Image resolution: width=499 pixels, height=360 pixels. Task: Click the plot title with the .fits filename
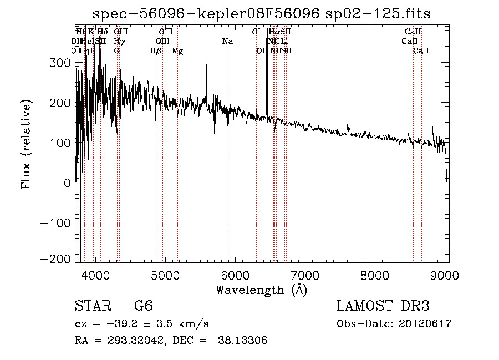261,13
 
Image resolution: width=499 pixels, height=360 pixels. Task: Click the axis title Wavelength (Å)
261,290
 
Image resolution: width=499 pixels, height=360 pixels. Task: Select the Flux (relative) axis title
26,143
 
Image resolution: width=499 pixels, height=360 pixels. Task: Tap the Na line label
227,42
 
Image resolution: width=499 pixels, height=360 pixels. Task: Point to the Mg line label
177,51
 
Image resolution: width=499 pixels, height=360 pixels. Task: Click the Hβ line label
156,51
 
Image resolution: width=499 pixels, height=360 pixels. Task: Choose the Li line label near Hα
284,42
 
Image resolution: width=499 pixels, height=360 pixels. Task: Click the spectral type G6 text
143,306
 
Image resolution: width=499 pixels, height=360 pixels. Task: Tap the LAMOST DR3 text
383,306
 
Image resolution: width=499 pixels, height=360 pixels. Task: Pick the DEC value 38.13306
245,341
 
